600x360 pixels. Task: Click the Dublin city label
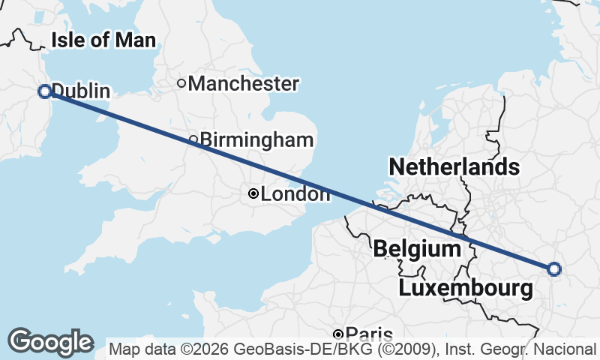pos(81,91)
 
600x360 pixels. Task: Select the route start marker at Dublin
pos(44,91)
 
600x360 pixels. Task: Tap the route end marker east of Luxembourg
pos(553,268)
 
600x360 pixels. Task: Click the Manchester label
pos(243,83)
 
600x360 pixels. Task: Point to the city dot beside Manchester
pos(181,83)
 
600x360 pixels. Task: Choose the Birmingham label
pos(256,139)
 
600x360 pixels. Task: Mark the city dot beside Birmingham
pos(193,139)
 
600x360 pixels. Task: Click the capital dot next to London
pos(253,194)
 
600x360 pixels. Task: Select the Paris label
pos(370,334)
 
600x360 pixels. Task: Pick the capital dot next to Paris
pos(338,334)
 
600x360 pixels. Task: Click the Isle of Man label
pos(103,40)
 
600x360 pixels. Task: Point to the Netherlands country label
pos(454,166)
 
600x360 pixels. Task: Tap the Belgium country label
pos(416,247)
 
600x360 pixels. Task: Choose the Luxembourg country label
pos(466,288)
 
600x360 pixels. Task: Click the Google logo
pos(50,342)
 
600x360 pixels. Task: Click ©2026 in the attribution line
pos(201,349)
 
